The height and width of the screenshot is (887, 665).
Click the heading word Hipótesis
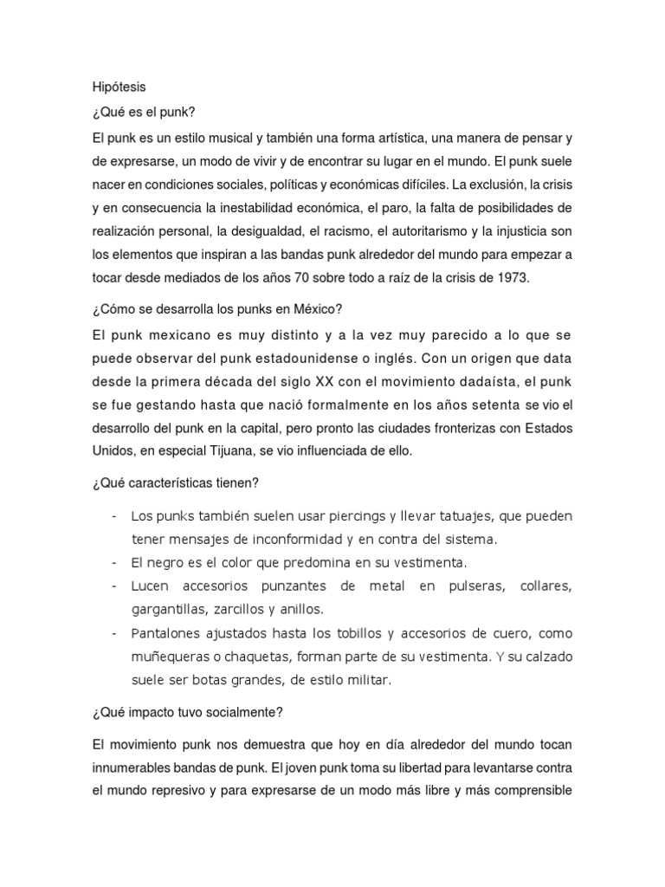click(119, 87)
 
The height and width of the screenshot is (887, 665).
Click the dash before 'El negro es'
click(115, 563)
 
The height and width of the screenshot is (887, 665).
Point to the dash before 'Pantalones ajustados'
click(115, 634)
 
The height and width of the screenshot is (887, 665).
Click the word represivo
click(181, 792)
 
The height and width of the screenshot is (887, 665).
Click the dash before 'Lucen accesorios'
click(115, 586)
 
